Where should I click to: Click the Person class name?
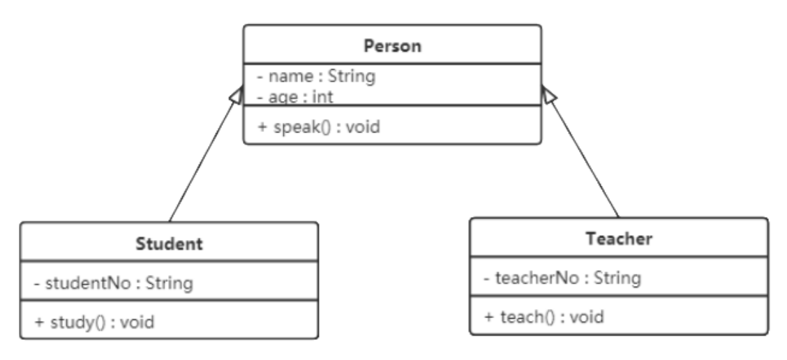coord(393,45)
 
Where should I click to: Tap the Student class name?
coord(169,243)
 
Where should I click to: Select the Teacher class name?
coord(619,239)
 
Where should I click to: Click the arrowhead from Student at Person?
coord(237,95)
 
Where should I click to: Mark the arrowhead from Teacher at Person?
coord(548,95)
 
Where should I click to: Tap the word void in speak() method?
coord(363,126)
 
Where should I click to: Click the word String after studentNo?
coord(169,283)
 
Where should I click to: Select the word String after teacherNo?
coord(617,278)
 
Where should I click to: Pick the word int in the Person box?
coord(322,96)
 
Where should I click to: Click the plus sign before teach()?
coord(490,317)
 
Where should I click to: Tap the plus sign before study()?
coord(40,322)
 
